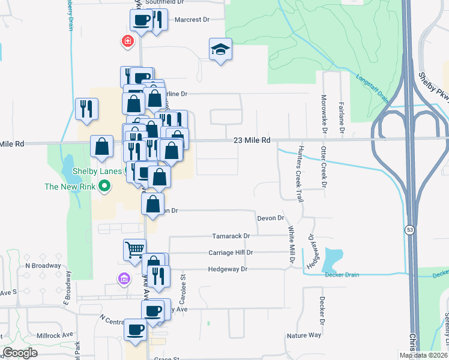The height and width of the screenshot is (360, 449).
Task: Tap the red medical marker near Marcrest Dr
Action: (x=127, y=41)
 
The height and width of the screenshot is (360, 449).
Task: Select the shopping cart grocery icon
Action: (x=134, y=248)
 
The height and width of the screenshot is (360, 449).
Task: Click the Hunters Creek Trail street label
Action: (x=299, y=173)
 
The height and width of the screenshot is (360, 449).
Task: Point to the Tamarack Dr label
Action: (x=231, y=236)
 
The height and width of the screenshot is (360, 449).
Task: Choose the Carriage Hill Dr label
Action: (x=231, y=253)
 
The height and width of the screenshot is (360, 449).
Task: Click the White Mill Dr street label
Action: (x=291, y=245)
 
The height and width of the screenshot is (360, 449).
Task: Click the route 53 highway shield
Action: (x=410, y=230)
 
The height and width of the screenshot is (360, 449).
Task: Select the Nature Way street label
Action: (x=304, y=335)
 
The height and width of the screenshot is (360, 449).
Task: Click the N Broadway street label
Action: (x=43, y=265)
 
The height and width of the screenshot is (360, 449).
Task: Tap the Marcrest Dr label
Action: (x=191, y=19)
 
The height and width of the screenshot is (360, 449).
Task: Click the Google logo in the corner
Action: (x=20, y=352)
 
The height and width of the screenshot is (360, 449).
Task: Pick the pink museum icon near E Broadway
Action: (x=124, y=278)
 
